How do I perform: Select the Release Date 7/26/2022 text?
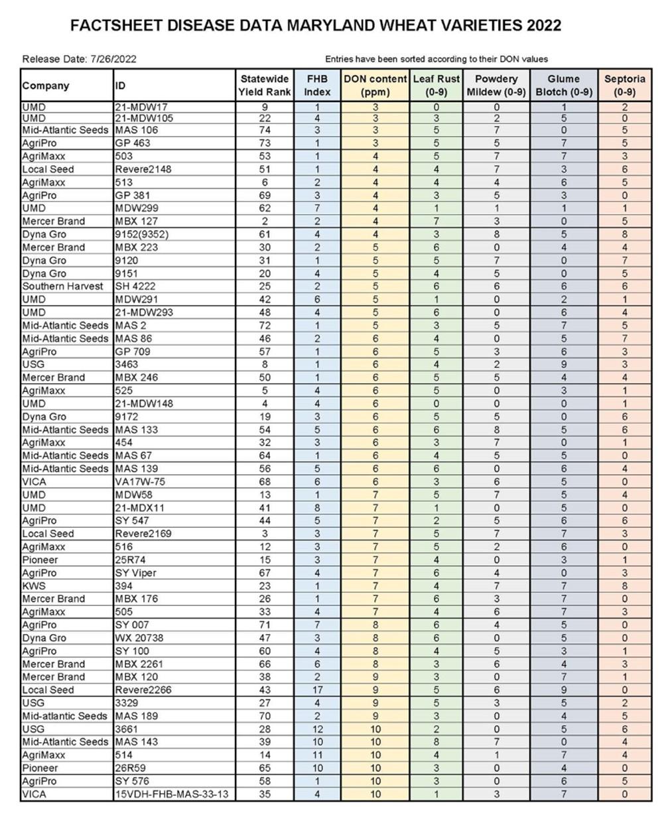point(79,59)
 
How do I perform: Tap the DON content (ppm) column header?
point(375,86)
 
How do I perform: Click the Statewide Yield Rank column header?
point(265,86)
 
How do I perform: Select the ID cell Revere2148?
point(143,169)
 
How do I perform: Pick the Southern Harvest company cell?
point(63,286)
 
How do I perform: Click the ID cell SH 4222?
point(136,286)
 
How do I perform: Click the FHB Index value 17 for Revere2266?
point(317,690)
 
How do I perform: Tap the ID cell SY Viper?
point(136,572)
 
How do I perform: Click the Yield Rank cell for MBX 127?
point(265,221)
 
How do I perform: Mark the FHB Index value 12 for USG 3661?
point(317,729)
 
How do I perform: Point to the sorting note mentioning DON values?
point(436,59)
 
